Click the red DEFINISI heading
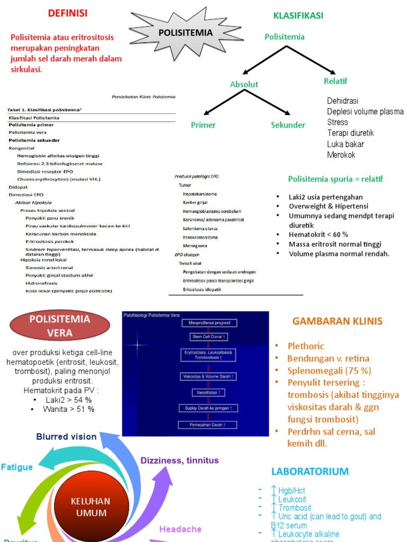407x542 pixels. pos(68,13)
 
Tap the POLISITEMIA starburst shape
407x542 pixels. pos(185,33)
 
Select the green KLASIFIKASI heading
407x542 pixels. pos(298,16)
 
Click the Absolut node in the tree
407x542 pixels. pos(244,84)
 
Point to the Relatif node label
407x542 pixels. pos(335,81)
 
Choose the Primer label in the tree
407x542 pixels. pos(203,125)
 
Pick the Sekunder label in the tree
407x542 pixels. pos(288,125)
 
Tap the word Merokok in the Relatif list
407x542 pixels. pos(341,155)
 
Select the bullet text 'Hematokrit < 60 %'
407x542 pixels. pos(318,234)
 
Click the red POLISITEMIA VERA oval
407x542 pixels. pos(60,326)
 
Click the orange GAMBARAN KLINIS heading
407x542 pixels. pos(337,321)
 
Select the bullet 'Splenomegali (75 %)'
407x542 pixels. pos(329,371)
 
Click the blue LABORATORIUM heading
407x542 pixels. pos(310,471)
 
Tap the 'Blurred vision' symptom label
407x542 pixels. pos(66,437)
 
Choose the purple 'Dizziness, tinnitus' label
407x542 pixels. pos(179,460)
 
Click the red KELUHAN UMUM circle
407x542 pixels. pos(91,507)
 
